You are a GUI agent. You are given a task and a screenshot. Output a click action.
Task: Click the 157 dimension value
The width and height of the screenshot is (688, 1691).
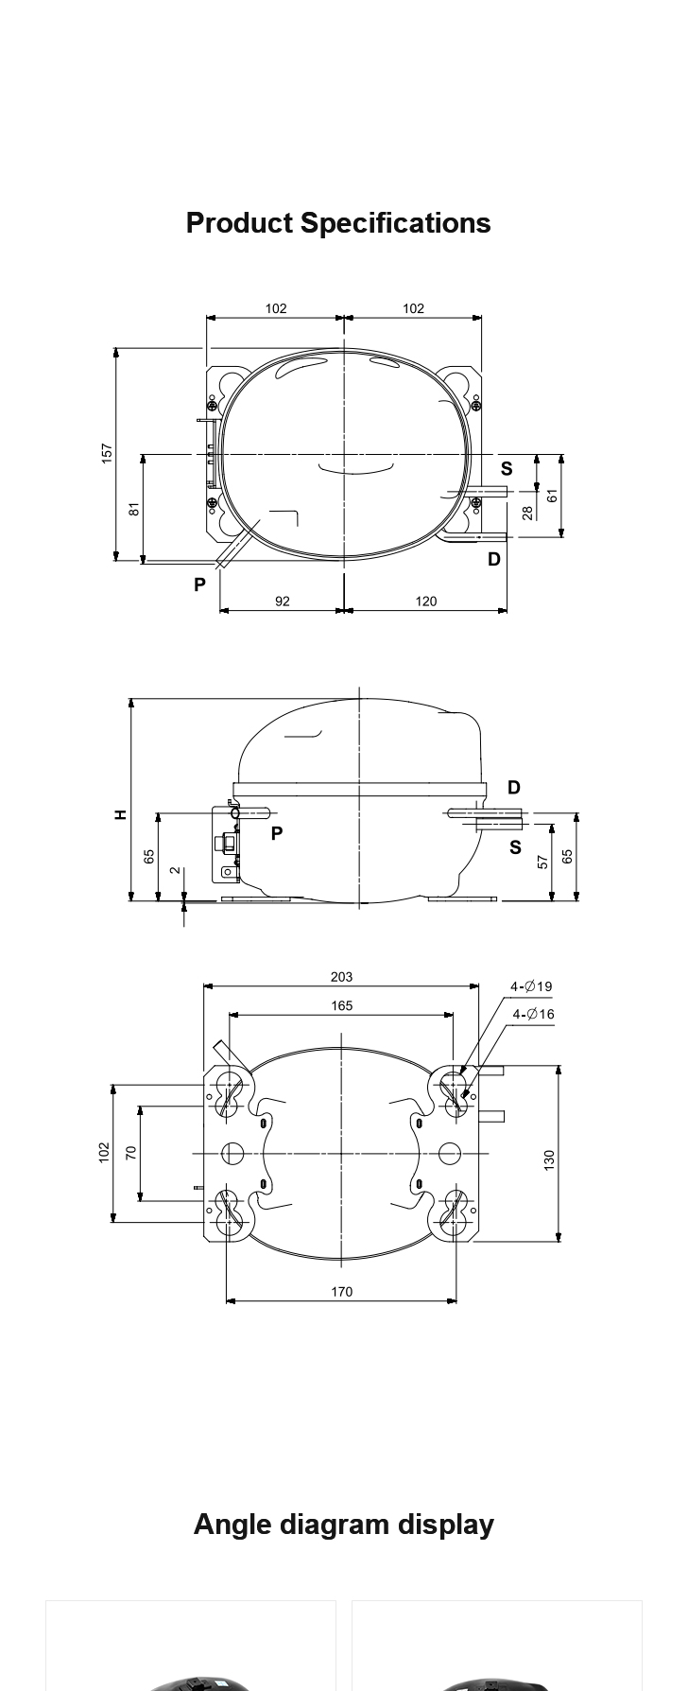(x=107, y=453)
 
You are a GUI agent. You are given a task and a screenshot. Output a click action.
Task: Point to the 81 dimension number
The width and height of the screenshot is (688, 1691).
(x=134, y=508)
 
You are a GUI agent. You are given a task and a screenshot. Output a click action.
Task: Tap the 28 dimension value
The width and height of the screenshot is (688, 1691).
(x=527, y=513)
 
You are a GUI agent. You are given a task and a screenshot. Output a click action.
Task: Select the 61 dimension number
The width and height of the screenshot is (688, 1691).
(x=553, y=495)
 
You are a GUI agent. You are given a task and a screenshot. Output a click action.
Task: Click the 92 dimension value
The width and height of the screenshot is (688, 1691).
(x=283, y=601)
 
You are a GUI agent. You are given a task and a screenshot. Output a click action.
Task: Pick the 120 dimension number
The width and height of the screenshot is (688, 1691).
(x=426, y=601)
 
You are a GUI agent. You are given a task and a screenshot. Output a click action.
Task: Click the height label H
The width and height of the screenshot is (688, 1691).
(x=120, y=814)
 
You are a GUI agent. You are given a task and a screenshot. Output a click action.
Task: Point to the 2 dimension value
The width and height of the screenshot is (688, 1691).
(x=176, y=870)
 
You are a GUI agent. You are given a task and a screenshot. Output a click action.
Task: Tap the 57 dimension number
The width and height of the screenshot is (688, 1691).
(x=542, y=862)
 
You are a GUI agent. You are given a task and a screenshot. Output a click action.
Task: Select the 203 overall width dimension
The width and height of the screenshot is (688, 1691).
(x=342, y=977)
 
